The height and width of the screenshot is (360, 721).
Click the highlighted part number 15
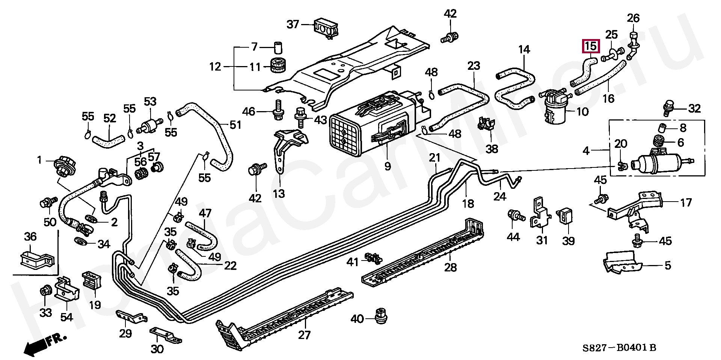591,47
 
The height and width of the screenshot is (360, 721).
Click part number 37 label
293,25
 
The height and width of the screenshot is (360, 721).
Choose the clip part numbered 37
326,27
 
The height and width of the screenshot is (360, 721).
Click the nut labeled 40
381,317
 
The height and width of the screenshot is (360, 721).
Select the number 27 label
304,334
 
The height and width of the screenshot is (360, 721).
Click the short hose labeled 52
108,141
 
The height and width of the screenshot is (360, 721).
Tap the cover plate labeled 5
621,263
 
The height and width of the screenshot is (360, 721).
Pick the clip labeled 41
373,258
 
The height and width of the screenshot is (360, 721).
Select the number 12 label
215,67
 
